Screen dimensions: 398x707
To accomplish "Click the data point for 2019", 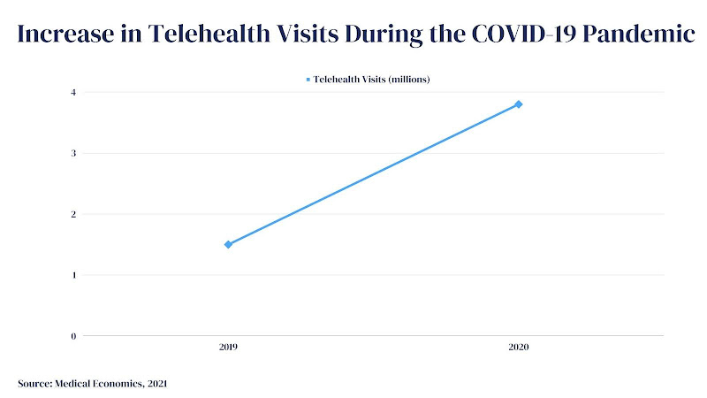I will pos(228,244).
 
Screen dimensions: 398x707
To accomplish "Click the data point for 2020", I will pos(519,104).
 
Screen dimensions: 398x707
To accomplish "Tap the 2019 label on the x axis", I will pos(228,348).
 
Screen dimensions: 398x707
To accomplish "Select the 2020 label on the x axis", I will pos(519,348).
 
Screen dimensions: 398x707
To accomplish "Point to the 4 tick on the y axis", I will pos(74,92).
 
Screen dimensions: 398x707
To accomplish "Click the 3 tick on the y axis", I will pos(74,153).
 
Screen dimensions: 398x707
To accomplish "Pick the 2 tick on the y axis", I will pos(74,214).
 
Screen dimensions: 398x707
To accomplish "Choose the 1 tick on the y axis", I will pos(74,275).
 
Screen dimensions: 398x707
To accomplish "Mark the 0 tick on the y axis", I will pos(74,336).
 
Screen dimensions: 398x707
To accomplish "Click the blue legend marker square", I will pos(308,80).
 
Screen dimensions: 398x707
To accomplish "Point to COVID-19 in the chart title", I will pos(513,34).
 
